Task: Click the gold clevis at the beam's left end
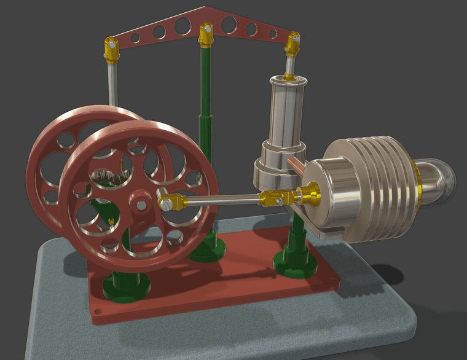[x=111, y=50]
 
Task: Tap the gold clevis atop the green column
[x=206, y=35]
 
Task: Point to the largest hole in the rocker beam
[x=182, y=25]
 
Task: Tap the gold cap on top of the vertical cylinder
[x=288, y=78]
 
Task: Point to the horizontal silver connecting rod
[x=221, y=199]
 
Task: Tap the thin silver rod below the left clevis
[x=112, y=83]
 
